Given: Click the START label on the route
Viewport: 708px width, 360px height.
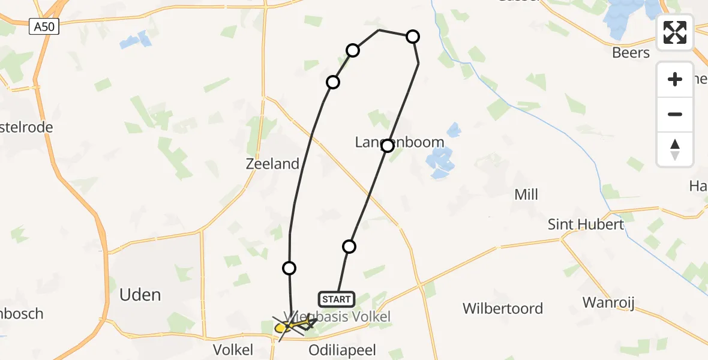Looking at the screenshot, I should [x=336, y=299].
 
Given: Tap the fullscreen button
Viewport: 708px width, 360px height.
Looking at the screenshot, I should [x=675, y=32].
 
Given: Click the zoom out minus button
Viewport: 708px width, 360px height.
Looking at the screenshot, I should [x=675, y=115].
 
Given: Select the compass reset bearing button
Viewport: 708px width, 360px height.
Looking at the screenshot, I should [x=675, y=149].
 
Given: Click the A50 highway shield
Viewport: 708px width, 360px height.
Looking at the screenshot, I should [x=44, y=27].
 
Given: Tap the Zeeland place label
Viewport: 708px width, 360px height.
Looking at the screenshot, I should [x=272, y=164].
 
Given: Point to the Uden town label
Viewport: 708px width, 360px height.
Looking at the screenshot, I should [x=140, y=295].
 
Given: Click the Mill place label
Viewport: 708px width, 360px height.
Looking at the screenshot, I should [x=526, y=194].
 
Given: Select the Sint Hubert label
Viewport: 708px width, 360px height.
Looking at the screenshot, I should [x=578, y=224].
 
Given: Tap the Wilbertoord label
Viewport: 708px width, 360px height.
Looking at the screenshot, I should [x=503, y=308].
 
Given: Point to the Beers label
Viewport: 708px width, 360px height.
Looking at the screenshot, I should [x=631, y=53].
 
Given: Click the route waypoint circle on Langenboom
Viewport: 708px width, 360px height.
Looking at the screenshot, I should [x=388, y=145].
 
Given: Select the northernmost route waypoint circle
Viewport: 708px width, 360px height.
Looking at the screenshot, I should [x=413, y=37].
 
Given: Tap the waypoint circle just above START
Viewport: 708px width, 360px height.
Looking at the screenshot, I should [x=349, y=246].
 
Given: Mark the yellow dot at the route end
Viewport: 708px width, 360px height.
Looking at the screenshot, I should [x=280, y=328].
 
